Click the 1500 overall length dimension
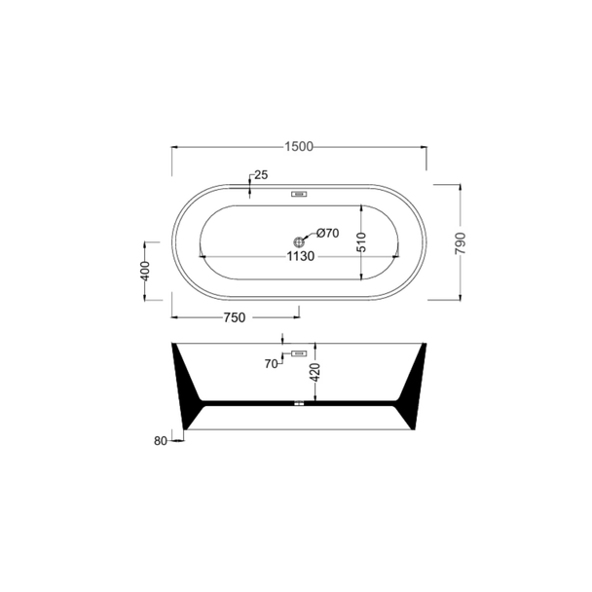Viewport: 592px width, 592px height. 299,146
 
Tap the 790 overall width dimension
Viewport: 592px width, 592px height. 461,243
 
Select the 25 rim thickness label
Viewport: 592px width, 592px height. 261,175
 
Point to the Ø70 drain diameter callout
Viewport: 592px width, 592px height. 328,234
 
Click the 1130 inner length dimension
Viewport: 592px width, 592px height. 301,256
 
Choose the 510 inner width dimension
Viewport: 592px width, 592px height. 361,242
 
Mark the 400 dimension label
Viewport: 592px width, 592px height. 145,271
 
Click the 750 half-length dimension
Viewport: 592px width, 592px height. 235,317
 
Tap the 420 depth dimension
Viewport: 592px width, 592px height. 315,372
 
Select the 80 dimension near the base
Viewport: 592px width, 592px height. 160,441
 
